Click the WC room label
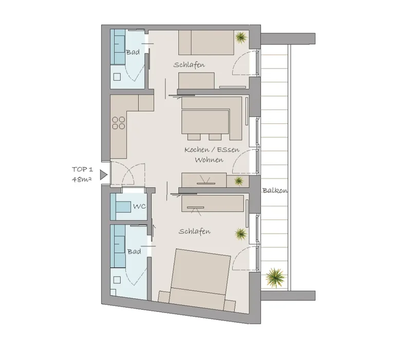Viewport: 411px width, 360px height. [139, 207]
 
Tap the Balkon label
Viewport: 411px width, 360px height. [275, 190]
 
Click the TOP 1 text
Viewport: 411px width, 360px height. [82, 170]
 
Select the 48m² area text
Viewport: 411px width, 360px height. [82, 179]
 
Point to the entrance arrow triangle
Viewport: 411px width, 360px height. [104, 175]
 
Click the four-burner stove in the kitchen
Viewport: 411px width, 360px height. [119, 123]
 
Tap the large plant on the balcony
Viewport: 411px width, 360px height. [275, 278]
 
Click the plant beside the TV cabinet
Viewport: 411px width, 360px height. [238, 181]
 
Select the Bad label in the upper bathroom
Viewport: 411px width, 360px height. [133, 52]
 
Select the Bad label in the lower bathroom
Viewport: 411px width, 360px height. [134, 251]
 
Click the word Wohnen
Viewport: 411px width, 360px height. [209, 160]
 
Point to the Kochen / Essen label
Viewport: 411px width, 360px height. [212, 150]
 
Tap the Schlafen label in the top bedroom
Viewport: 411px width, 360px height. [189, 65]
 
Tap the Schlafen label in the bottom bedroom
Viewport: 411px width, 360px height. [195, 231]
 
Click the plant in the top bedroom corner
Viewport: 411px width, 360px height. [241, 37]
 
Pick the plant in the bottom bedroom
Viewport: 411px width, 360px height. [240, 234]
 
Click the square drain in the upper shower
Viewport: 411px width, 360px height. [117, 77]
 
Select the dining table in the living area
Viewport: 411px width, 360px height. [205, 122]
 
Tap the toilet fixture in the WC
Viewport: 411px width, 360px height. [123, 207]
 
